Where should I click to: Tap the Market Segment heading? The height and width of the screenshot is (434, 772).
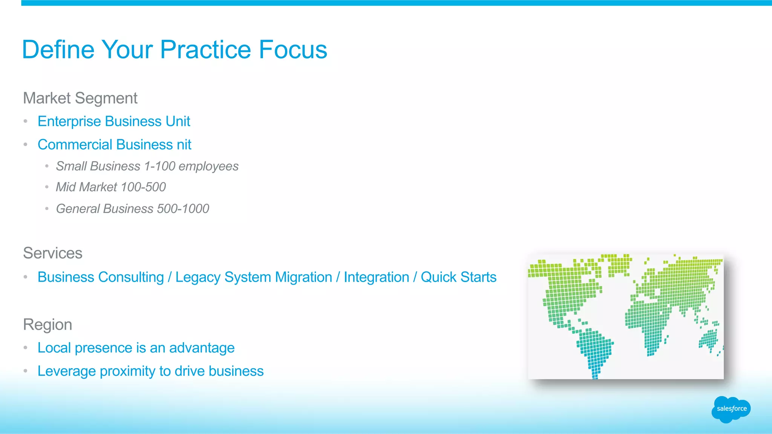80,98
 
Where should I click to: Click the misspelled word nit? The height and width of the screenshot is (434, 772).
184,145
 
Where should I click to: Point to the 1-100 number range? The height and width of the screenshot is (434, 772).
159,166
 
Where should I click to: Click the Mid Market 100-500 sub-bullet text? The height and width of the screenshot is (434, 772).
111,187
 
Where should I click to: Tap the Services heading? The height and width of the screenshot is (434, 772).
52,253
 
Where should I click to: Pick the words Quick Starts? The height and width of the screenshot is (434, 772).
458,277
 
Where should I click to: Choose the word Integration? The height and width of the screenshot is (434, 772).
376,277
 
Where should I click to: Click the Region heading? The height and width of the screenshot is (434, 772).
47,324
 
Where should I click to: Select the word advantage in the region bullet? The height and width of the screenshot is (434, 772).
202,348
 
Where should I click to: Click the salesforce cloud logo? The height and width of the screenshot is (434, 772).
731,409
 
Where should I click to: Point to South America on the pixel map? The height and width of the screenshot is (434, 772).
594,348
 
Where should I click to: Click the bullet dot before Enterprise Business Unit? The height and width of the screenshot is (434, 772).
26,121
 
